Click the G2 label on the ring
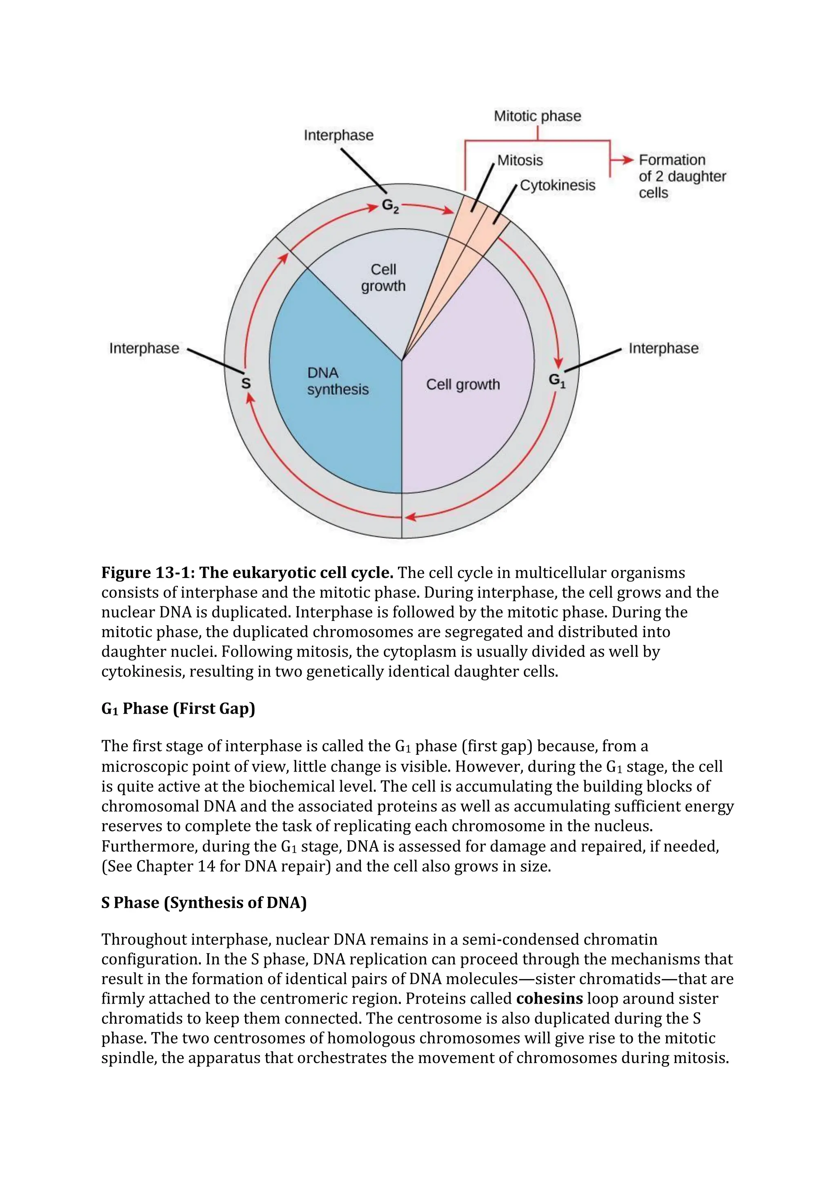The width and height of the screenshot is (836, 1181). click(390, 206)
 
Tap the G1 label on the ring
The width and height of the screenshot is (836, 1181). click(556, 380)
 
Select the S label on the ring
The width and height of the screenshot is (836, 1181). click(246, 383)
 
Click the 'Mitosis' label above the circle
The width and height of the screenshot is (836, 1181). click(520, 161)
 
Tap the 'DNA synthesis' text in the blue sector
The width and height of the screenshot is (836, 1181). click(338, 381)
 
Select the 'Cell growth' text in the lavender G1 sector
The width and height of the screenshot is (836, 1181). click(463, 384)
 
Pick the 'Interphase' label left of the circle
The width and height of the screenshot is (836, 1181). click(144, 348)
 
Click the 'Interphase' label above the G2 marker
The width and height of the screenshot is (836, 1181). click(338, 135)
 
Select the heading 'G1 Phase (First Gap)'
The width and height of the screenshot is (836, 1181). click(178, 708)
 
